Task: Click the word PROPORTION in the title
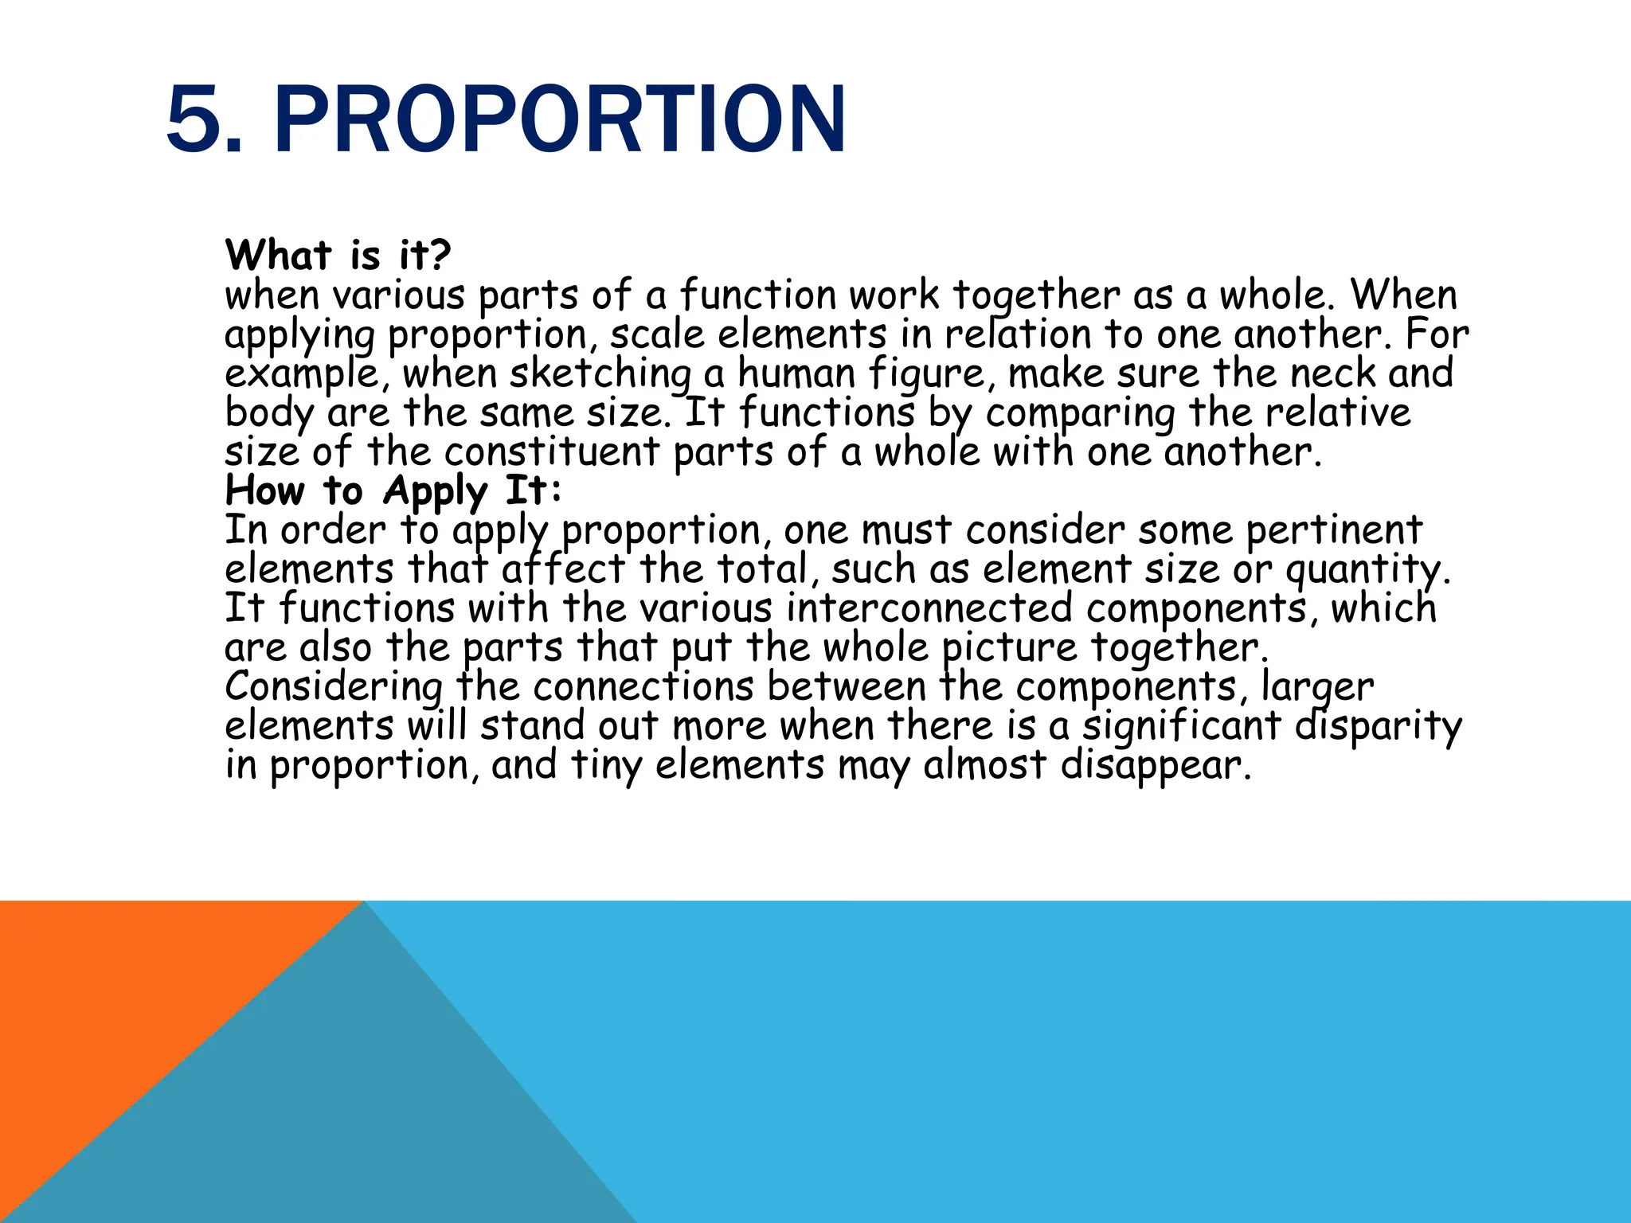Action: point(559,119)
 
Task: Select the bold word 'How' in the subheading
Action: point(264,490)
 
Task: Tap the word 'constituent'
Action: point(551,452)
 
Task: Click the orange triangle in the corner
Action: point(119,1003)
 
